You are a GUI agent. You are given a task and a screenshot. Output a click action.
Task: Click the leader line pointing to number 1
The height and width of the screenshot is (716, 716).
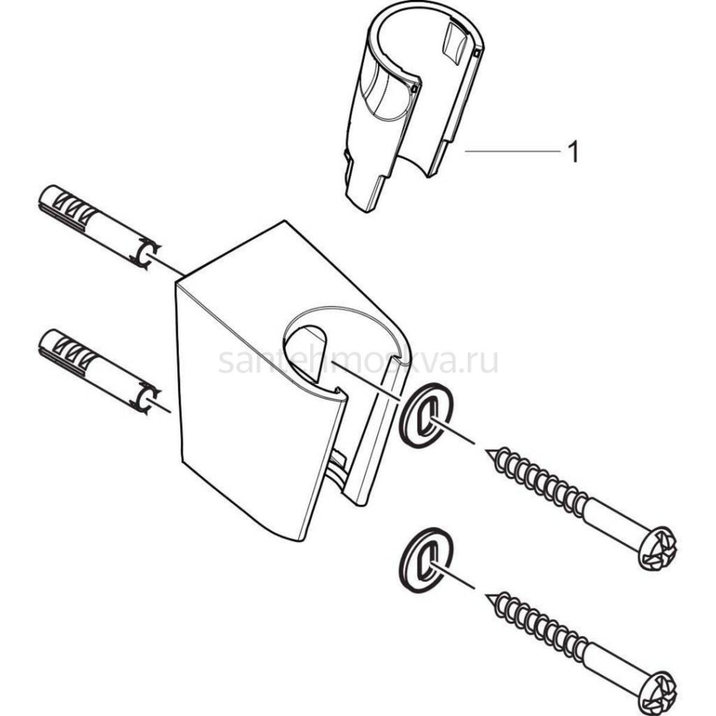coord(513,151)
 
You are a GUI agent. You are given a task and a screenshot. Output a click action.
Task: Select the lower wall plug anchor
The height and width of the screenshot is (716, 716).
coord(100,372)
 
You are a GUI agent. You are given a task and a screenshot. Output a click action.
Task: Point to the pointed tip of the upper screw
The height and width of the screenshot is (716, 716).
coord(486,450)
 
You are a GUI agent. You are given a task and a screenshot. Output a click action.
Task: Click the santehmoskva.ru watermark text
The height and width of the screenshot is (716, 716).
coord(358,361)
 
